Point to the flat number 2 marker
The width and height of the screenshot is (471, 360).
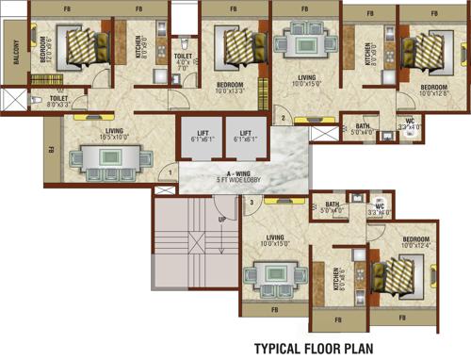282,119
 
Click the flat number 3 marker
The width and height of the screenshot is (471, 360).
252,202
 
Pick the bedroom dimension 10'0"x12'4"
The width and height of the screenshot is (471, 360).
417,246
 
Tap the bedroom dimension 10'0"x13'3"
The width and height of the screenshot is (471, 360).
228,91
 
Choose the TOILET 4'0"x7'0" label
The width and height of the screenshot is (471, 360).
183,62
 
